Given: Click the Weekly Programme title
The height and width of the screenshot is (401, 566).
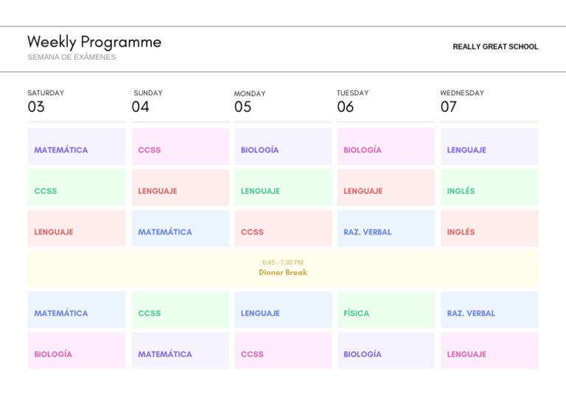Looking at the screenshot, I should [x=94, y=42].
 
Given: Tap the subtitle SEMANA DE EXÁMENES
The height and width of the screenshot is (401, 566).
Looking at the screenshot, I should [x=71, y=57].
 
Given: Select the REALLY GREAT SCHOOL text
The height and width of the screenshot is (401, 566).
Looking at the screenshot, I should [x=495, y=46].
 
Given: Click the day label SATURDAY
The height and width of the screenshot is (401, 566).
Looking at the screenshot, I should [x=46, y=93].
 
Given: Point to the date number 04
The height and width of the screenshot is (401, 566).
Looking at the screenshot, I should [x=140, y=107].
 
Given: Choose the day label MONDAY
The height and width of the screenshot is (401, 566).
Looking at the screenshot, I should [x=250, y=94].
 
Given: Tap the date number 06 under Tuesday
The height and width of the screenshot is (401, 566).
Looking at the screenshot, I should [x=345, y=107].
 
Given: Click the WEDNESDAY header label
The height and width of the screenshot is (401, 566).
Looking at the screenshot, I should [x=462, y=93].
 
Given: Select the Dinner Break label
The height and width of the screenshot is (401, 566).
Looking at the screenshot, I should [x=283, y=272].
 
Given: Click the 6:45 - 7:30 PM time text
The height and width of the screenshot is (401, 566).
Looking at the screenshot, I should [x=283, y=262].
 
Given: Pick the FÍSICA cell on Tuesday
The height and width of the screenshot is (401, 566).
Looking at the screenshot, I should [x=385, y=313].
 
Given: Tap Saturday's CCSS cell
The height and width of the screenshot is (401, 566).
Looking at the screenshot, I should [x=76, y=191].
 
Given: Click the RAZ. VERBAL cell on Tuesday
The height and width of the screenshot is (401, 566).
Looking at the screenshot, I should [x=385, y=231].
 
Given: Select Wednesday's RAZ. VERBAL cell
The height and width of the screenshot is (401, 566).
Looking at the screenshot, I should [x=489, y=313].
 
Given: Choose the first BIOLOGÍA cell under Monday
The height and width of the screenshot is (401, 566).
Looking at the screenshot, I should [x=282, y=150].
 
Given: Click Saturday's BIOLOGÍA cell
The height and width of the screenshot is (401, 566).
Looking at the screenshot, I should [x=76, y=354].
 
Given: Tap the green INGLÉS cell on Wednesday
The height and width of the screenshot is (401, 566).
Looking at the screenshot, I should [x=489, y=191].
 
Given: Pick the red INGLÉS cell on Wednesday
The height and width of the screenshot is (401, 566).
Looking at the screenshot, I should [x=489, y=231].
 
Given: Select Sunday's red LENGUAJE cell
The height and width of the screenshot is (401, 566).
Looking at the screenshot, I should [x=180, y=191].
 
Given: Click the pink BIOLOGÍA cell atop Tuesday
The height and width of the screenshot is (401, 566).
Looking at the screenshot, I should [x=385, y=150].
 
